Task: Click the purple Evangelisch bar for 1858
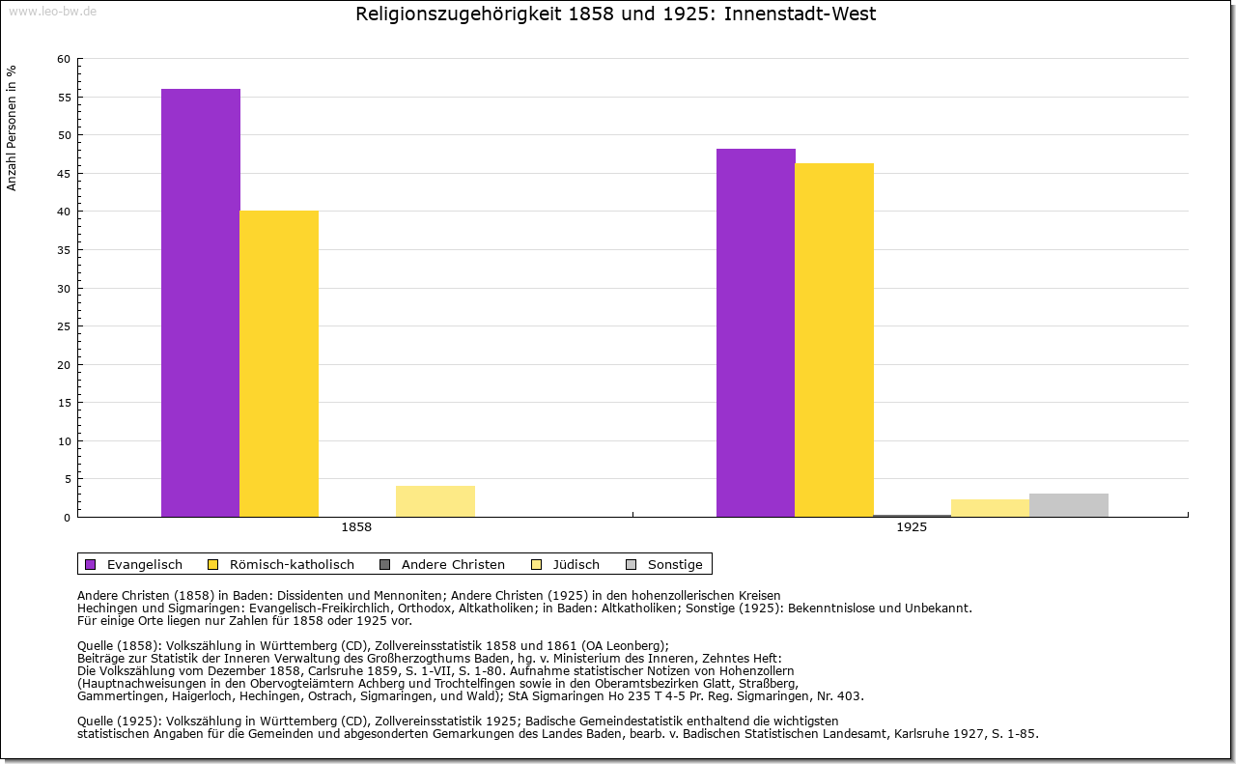(201, 302)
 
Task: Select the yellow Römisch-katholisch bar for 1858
(279, 363)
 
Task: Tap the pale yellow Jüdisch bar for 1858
(435, 501)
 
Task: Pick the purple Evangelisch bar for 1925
(756, 332)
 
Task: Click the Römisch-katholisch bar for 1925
(834, 340)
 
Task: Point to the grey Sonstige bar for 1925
(1069, 505)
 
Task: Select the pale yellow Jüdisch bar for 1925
(991, 508)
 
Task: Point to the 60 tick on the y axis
(64, 59)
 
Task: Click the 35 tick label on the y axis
(64, 249)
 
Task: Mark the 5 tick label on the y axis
(67, 479)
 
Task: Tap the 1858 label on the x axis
(356, 527)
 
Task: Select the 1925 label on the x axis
(912, 527)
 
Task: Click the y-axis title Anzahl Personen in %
(12, 127)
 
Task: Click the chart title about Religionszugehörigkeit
(616, 14)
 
